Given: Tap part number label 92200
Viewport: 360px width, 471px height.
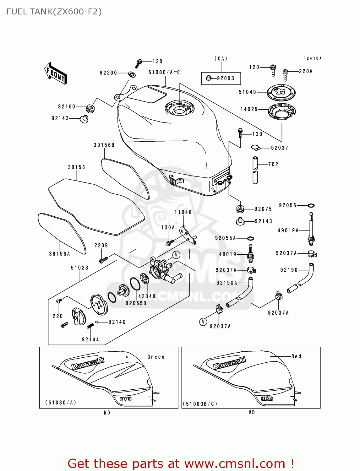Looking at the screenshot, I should [x=108, y=73].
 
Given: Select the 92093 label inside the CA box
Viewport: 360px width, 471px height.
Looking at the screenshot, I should [x=226, y=78].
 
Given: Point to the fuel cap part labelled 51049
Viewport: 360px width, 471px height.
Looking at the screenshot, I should [x=281, y=92].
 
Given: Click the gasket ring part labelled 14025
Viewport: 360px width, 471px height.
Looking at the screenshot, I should [x=282, y=111].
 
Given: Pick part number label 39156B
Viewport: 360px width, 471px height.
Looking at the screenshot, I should [x=104, y=145].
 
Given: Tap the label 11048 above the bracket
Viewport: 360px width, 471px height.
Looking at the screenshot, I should [x=183, y=212].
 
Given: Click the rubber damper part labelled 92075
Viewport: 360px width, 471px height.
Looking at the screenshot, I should [x=240, y=208].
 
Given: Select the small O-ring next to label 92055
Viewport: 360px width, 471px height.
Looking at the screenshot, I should [x=311, y=206].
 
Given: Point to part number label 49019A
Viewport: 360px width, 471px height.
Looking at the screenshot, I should [x=288, y=230].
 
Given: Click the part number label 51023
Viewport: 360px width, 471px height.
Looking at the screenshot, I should [x=79, y=268].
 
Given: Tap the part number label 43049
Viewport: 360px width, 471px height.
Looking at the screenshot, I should [x=147, y=296].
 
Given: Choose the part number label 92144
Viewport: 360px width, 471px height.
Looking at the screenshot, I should [x=90, y=339].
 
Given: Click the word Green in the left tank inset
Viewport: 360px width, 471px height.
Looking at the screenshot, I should [x=156, y=357].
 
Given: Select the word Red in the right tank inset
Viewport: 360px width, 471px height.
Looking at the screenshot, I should [x=296, y=356].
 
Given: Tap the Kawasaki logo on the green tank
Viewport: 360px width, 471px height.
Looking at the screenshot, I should [x=88, y=364].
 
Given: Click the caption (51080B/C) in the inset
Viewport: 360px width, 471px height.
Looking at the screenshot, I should [x=200, y=404].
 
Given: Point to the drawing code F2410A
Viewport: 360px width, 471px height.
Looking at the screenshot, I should [x=312, y=58].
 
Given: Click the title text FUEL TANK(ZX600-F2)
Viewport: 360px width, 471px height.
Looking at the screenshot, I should [x=54, y=12].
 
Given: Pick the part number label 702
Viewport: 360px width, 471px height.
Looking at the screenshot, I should [x=273, y=165].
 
